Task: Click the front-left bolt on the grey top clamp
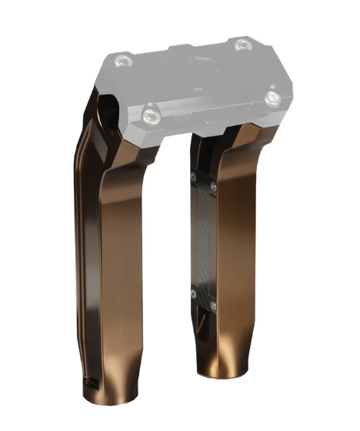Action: pyautogui.click(x=150, y=115)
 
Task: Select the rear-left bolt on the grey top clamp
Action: pyautogui.click(x=119, y=61)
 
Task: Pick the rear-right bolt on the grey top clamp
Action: pyautogui.click(x=243, y=44)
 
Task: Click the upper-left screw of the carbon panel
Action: pyautogui.click(x=194, y=179)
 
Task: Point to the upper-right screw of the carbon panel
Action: pyautogui.click(x=213, y=187)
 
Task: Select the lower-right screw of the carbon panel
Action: pyautogui.click(x=213, y=306)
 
